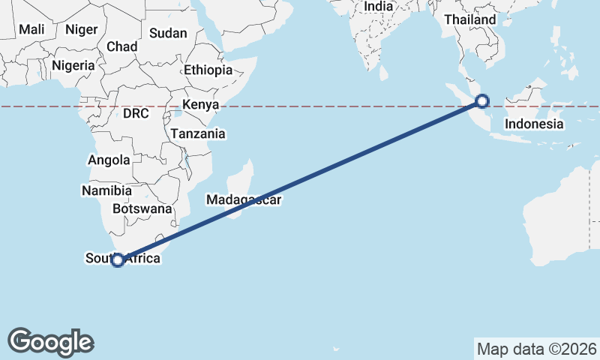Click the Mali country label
tap(32, 29)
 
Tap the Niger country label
tap(81, 29)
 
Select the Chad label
tap(121, 46)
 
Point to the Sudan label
tap(168, 33)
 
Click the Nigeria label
tap(73, 65)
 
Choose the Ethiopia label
tap(208, 70)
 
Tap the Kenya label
tap(200, 105)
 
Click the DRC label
tap(136, 114)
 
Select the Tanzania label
tap(198, 133)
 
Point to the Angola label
tap(109, 160)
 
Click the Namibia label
tap(107, 191)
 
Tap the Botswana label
tap(142, 208)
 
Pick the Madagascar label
tap(244, 200)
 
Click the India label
tap(379, 7)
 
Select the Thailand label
tap(469, 19)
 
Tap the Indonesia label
tap(534, 124)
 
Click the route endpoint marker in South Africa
tap(117, 260)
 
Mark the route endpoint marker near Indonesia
tap(482, 100)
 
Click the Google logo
tap(50, 342)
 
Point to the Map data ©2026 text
tap(537, 349)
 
